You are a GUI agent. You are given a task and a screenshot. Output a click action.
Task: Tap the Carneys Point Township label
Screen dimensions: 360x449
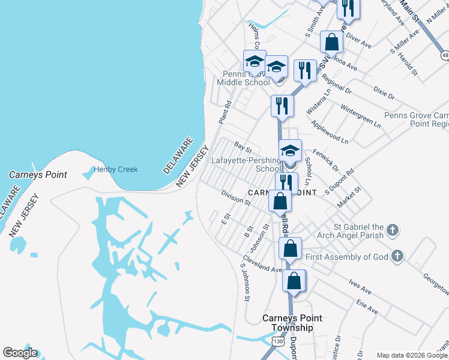pos(288,323)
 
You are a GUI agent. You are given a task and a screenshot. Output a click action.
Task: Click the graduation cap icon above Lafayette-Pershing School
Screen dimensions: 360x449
pos(291,150)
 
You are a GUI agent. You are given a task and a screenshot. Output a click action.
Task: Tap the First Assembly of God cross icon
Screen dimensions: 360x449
pos(396,257)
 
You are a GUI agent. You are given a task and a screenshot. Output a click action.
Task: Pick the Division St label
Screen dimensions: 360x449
pos(235,197)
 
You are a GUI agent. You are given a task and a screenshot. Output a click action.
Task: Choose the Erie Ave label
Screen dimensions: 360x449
pos(367,307)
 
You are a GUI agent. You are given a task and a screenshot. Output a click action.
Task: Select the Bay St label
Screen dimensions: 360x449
pos(243,146)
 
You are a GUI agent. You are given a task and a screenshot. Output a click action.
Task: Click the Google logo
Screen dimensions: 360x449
pos(20,353)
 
